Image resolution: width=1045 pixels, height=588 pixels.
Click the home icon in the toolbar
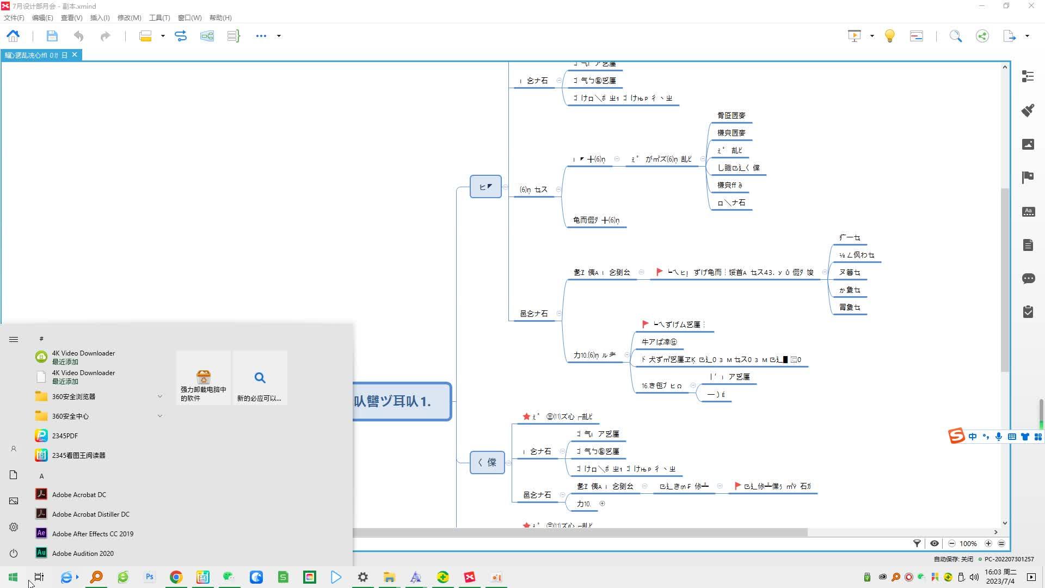(13, 36)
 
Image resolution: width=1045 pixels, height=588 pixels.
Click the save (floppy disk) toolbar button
(52, 36)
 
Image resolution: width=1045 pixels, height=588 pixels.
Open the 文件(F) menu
(14, 18)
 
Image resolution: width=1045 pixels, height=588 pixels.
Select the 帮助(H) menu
(220, 18)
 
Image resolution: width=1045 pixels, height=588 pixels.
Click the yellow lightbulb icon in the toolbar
(890, 36)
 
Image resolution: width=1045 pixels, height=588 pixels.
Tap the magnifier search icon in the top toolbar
(956, 36)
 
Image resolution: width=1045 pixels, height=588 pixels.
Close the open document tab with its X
(75, 55)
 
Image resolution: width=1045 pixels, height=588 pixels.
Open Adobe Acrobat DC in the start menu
(79, 494)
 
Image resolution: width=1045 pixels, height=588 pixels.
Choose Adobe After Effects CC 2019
(93, 534)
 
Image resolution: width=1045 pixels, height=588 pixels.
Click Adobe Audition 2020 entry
(83, 553)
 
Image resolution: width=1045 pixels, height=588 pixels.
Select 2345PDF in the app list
(65, 436)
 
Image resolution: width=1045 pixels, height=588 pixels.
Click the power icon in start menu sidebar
(14, 553)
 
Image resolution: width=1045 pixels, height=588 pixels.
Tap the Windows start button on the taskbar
(13, 577)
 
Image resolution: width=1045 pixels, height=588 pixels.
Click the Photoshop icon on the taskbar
(150, 577)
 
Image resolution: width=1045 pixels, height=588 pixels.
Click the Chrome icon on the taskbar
(176, 577)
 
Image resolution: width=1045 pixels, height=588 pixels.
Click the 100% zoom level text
(968, 543)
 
